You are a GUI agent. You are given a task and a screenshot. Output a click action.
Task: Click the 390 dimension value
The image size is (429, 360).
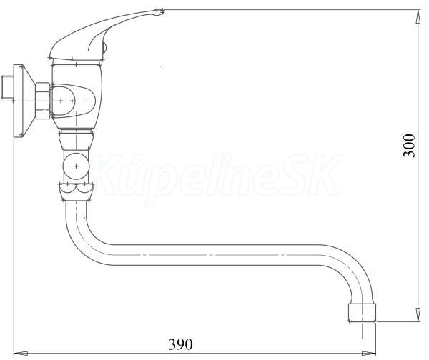click(x=180, y=344)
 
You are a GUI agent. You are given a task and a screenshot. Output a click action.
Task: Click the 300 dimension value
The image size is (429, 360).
click(x=409, y=146)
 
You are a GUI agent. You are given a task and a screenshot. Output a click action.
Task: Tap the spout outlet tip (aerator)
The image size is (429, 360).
click(x=363, y=312)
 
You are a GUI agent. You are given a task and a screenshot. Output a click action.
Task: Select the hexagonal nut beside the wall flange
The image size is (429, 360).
click(x=43, y=101)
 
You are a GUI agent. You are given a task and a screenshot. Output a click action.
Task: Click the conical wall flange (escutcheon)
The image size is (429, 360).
click(x=24, y=101)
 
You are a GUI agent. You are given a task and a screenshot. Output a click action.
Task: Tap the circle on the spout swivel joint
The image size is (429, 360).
click(x=76, y=166)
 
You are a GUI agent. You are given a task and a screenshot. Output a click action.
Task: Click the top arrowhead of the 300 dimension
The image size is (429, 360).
click(x=418, y=17)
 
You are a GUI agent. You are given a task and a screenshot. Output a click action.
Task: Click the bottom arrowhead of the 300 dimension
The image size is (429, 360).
click(x=418, y=314)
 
